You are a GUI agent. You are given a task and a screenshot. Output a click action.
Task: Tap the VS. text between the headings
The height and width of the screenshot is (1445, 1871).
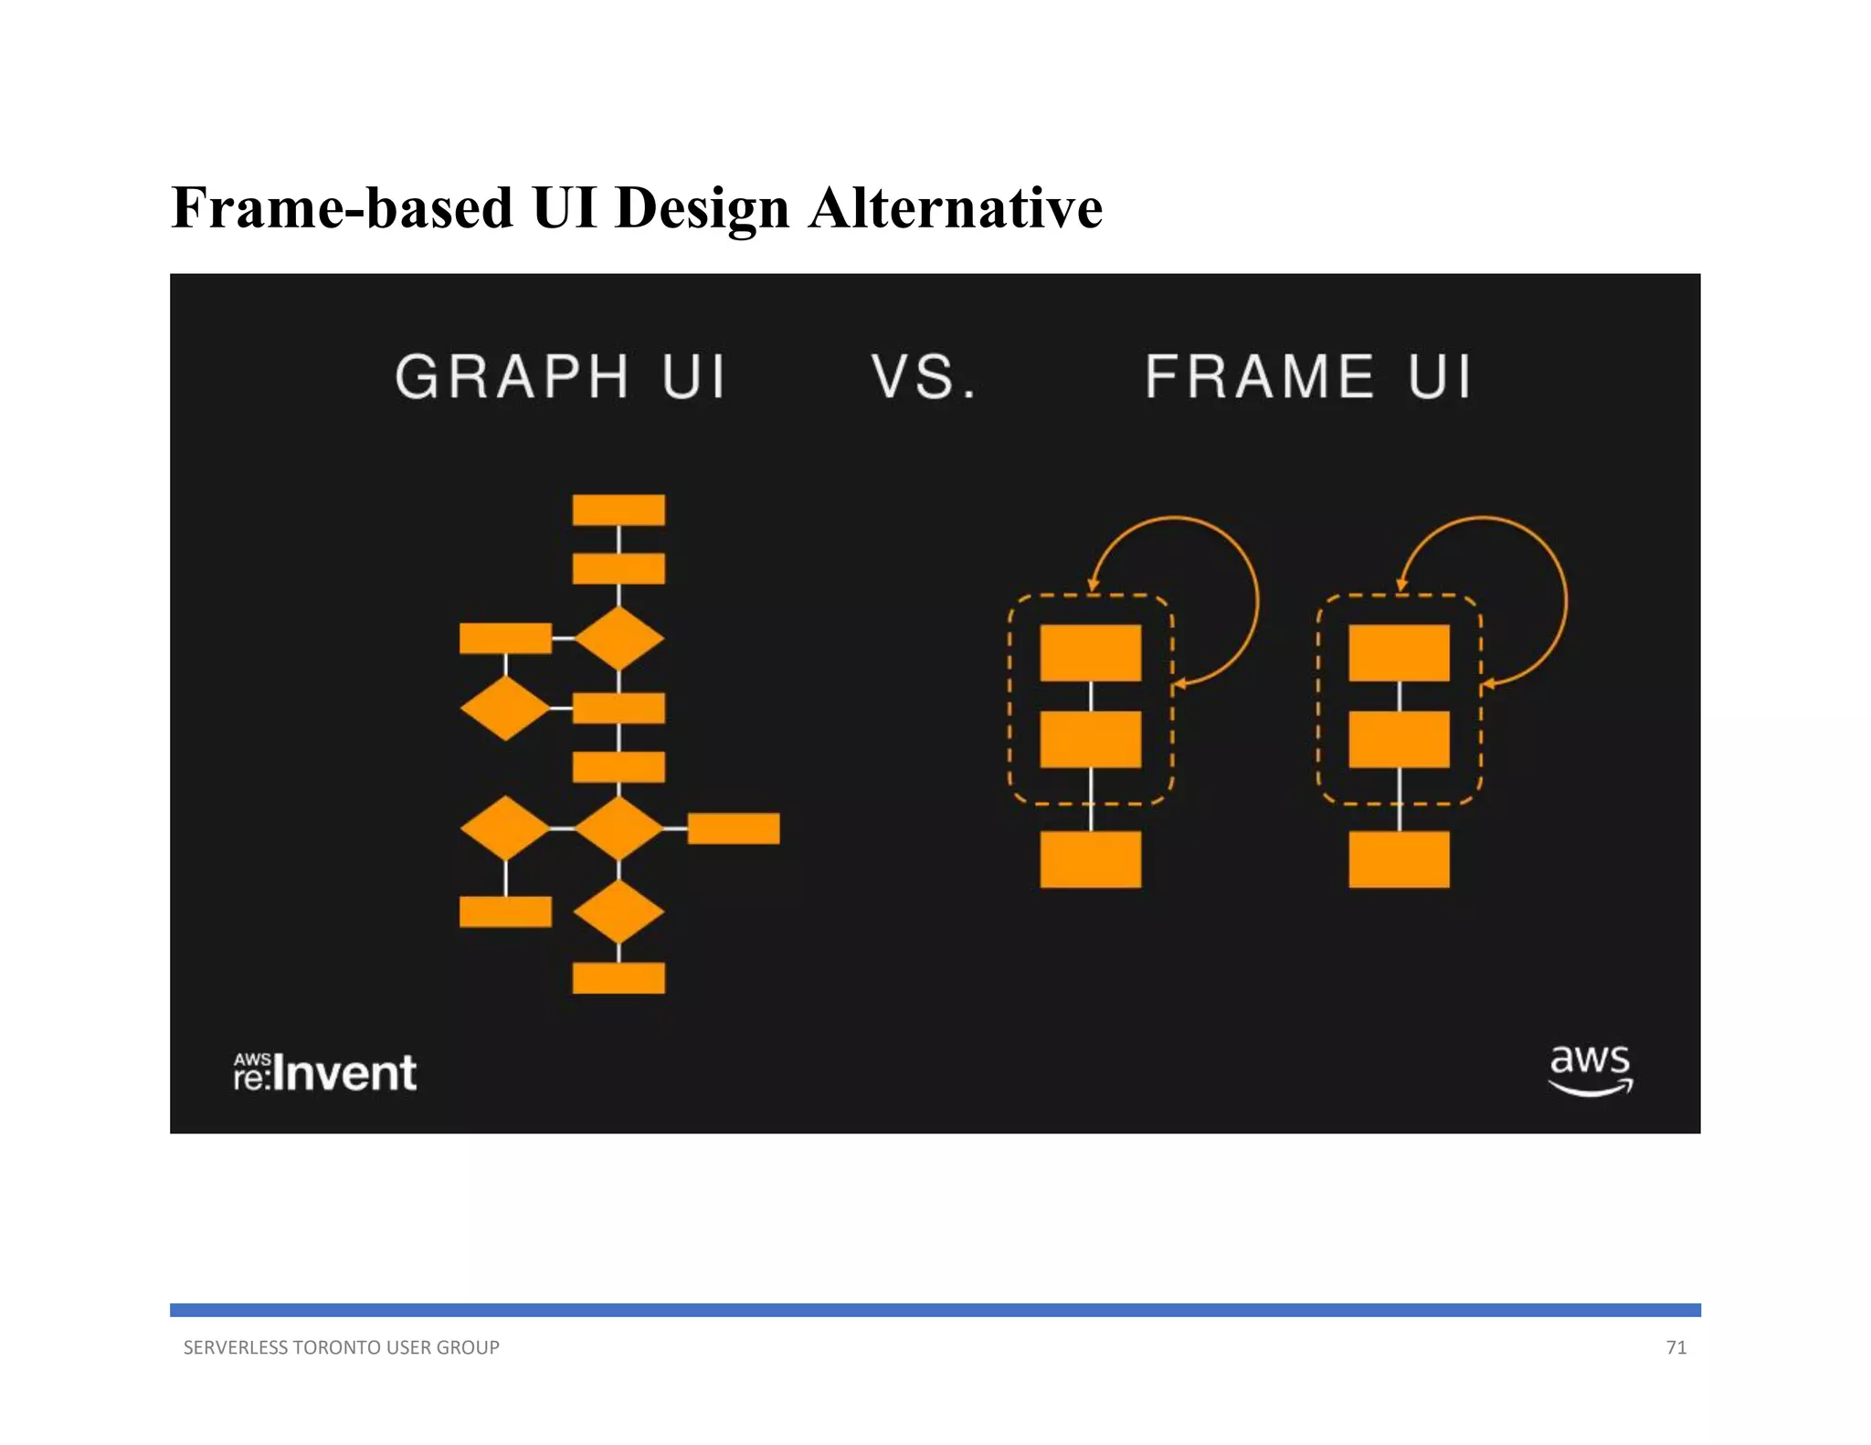coord(923,376)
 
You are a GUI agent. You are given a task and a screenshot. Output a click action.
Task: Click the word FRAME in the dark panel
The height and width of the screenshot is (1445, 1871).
coord(1259,376)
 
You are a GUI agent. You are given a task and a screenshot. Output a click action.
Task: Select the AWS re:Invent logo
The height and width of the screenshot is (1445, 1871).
coord(325,1072)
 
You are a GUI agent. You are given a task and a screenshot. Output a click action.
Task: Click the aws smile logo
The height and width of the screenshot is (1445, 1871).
coord(1591,1069)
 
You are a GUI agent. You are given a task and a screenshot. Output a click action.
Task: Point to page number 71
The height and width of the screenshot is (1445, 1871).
coord(1675,1347)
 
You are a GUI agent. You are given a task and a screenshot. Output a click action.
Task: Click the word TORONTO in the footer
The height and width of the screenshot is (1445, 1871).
coord(335,1347)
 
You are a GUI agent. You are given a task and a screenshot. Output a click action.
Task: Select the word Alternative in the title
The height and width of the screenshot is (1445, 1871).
coord(955,207)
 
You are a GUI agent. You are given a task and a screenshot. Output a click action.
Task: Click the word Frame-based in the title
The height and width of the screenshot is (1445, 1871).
coord(343,207)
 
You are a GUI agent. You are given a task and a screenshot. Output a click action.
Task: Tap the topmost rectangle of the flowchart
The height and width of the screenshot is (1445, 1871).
coord(618,510)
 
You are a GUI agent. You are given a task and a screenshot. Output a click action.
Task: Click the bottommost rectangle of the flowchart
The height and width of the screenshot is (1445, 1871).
coord(618,977)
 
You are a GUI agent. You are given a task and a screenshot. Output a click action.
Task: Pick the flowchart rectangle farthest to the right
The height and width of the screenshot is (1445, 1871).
coord(733,828)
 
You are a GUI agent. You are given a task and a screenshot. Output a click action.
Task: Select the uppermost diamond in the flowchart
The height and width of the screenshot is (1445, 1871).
coord(618,638)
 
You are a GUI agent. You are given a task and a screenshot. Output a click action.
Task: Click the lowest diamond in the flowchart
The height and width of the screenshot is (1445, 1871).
coord(618,912)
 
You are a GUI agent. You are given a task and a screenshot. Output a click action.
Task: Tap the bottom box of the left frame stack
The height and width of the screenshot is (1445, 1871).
coord(1090,859)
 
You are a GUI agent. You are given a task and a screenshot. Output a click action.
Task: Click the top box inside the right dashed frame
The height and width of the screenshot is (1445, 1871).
coord(1399,652)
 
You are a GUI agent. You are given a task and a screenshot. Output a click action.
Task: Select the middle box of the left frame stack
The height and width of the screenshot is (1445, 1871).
coord(1090,739)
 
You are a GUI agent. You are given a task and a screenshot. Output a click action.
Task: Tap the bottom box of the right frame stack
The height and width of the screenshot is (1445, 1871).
coord(1399,859)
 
